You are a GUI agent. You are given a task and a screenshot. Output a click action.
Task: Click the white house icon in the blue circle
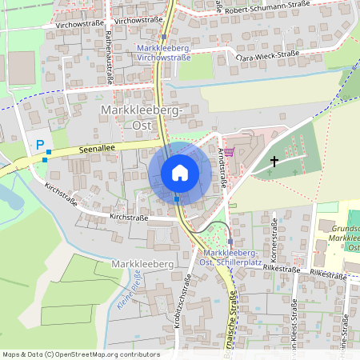coord(180,172)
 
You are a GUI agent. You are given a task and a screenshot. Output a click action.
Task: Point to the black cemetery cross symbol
coord(274,162)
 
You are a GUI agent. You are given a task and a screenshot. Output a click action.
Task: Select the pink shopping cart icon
coord(229,152)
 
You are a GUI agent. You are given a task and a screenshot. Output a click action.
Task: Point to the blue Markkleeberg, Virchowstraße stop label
coord(163,53)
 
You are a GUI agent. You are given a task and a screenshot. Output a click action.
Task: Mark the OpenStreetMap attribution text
coord(81,354)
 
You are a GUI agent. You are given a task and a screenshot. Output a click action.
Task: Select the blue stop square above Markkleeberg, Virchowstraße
coord(163,37)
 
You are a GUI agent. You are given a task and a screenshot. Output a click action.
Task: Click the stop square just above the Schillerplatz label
coord(230,241)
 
